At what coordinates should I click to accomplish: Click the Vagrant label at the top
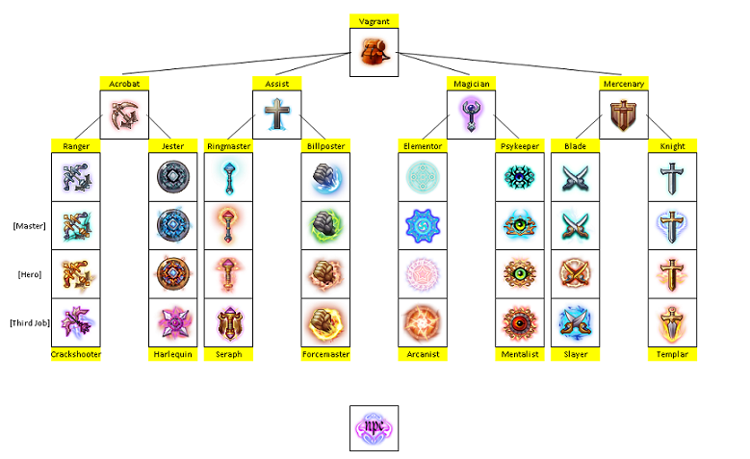[374, 20]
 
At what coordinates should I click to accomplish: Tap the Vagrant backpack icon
[374, 52]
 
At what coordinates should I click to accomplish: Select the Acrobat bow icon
[124, 115]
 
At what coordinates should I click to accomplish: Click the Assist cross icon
[277, 115]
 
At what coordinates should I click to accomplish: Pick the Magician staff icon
[470, 115]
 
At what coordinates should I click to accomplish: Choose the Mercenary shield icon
[623, 115]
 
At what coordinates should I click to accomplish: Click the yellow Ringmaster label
[229, 145]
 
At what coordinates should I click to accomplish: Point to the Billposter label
[325, 145]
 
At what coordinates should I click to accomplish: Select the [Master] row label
[29, 226]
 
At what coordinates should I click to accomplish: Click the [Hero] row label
[29, 274]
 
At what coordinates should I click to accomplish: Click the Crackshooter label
[76, 354]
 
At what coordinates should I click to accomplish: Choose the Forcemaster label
[325, 354]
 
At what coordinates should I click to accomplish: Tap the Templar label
[671, 354]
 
